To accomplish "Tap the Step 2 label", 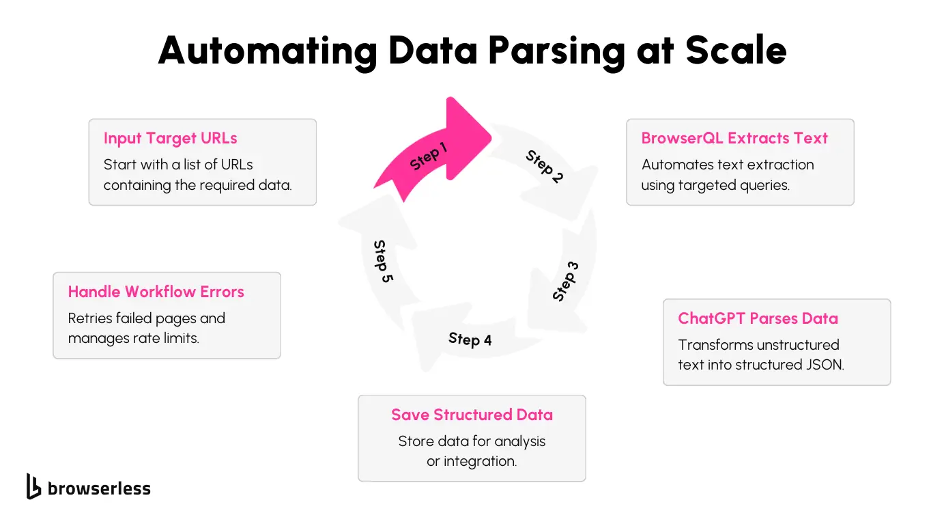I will [544, 167].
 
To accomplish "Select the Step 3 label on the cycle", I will [565, 281].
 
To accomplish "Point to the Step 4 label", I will [470, 339].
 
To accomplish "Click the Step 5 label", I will [383, 261].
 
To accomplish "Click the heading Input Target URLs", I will [171, 138].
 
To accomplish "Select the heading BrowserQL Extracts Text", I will [734, 138].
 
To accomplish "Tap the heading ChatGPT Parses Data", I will [758, 318].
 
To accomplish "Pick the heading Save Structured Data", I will [472, 415].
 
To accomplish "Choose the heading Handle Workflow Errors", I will [156, 292].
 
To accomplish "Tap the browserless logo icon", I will [33, 486].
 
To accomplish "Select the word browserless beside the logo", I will [99, 488].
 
